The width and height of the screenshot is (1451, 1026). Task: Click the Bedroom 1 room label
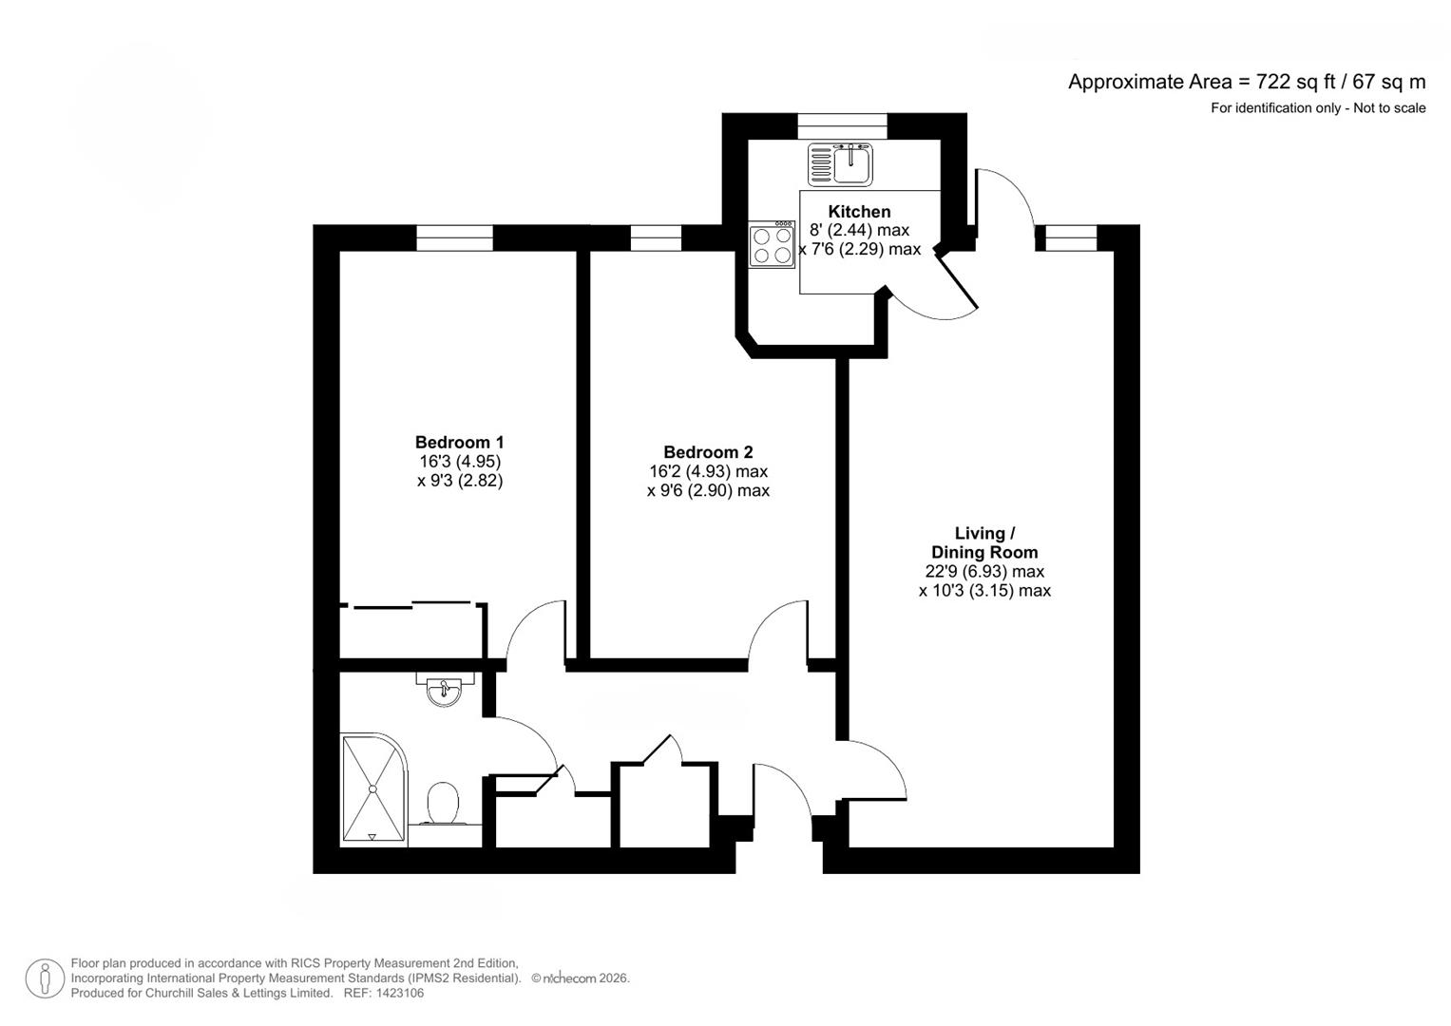pos(459,442)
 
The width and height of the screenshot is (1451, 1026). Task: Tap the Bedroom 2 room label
pos(708,452)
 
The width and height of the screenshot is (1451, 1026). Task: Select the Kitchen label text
pos(859,211)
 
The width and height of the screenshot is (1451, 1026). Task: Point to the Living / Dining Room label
pos(984,542)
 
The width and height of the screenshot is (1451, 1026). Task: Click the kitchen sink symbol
pos(840,163)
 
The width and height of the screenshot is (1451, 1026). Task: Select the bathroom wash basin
pos(443,691)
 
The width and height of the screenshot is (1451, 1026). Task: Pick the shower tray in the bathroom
pos(372,788)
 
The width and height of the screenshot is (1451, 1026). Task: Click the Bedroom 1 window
pos(454,237)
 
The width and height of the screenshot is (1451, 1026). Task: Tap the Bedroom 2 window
pos(656,237)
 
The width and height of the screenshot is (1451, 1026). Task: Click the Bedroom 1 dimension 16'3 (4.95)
pos(460,462)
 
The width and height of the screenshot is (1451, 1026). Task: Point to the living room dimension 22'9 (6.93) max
pos(984,571)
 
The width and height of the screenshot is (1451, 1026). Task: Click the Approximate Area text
pos(1246,82)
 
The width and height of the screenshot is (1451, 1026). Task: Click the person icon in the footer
pos(45,978)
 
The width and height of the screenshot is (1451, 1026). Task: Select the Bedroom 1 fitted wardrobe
pos(412,630)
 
